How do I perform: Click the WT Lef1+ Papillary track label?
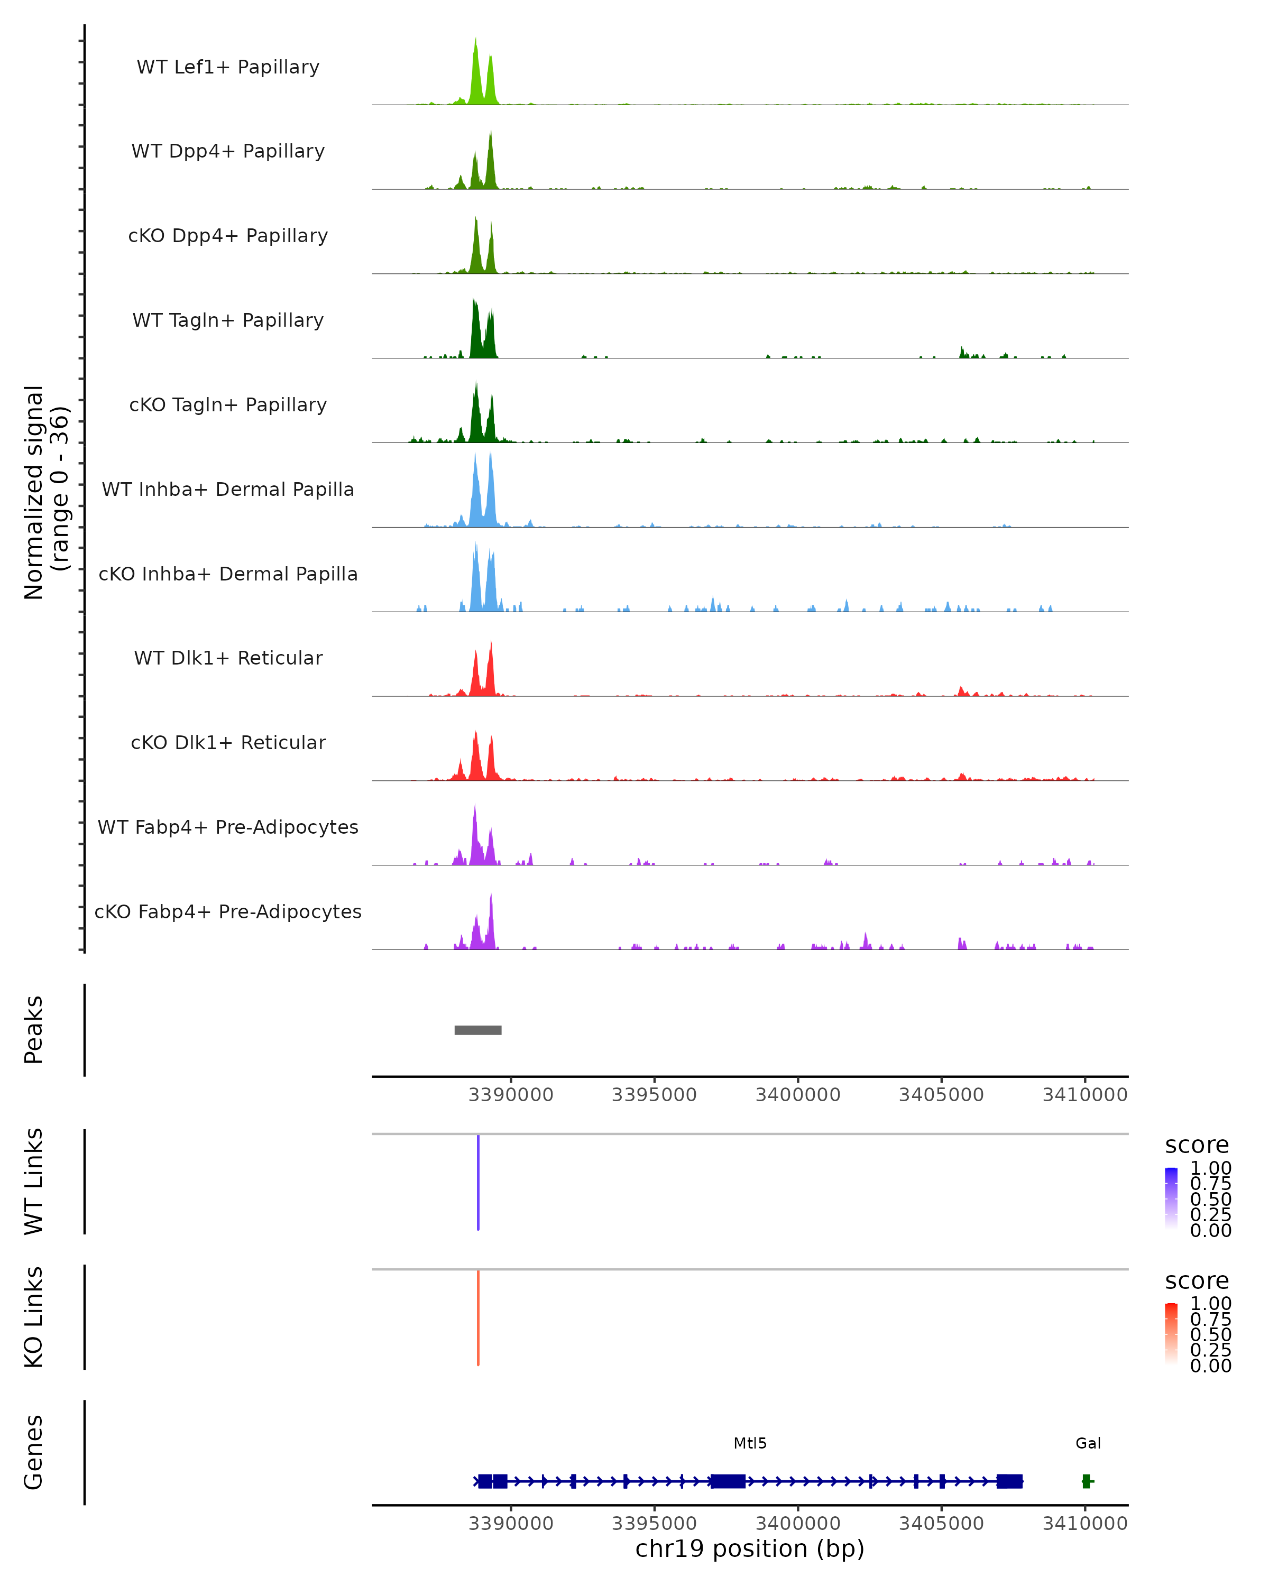[x=228, y=67]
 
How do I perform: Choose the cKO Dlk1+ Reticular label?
[x=228, y=742]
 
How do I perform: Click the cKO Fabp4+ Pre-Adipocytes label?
[x=228, y=911]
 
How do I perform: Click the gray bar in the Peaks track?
[x=478, y=1030]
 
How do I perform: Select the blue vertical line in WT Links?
[x=478, y=1182]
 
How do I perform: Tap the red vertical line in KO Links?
[x=478, y=1317]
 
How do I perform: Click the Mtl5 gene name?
[x=750, y=1443]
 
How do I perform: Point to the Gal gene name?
[x=1088, y=1443]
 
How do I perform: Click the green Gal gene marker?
[x=1087, y=1481]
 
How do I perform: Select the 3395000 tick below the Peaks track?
[x=654, y=1095]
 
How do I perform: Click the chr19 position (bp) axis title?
[x=750, y=1548]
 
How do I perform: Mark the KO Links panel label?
[x=34, y=1317]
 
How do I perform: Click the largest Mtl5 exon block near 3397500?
[x=728, y=1481]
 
